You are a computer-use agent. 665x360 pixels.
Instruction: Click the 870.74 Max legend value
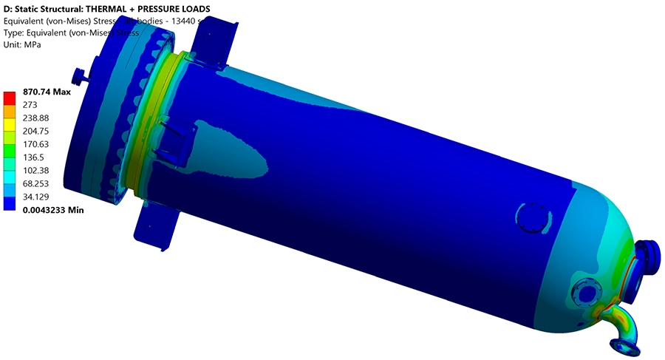(46, 92)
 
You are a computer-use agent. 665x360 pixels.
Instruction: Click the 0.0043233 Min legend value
(53, 210)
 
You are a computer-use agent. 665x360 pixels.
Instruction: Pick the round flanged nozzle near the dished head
(587, 293)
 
